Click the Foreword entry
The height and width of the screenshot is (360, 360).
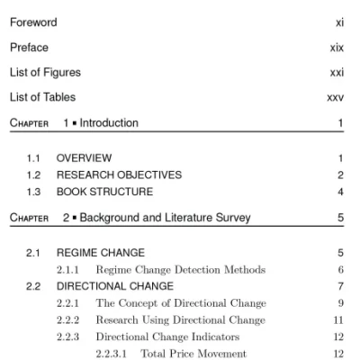[33, 22]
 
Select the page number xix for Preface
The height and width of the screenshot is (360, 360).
[337, 47]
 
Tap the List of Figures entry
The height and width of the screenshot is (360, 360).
[45, 72]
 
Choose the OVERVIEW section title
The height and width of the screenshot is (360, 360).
[85, 157]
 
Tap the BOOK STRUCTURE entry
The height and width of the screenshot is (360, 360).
[104, 191]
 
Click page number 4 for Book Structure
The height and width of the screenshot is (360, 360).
[340, 191]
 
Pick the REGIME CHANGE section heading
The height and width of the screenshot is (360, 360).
[101, 253]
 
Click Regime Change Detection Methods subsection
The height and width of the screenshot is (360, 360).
[180, 269]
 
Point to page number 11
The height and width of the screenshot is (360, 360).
[338, 319]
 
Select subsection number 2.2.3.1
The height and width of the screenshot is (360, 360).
[112, 353]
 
